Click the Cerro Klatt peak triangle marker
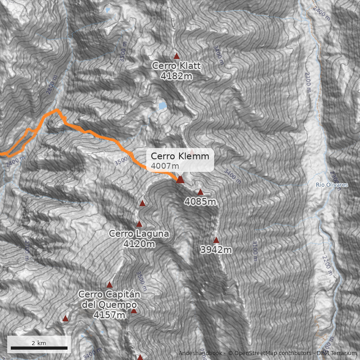177,56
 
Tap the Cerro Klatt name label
176,66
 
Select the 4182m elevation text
176,76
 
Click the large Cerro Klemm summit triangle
180,179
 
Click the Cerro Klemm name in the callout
180,157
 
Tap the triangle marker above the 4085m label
201,192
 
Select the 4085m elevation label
200,202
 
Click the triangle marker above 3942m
216,240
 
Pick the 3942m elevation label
216,250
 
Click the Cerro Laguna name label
139,234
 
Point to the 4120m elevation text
139,244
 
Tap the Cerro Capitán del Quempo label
109,299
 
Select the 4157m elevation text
109,315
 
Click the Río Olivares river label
332,185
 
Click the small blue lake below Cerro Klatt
162,106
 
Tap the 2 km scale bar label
39,343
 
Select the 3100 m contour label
255,251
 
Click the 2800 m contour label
52,87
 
